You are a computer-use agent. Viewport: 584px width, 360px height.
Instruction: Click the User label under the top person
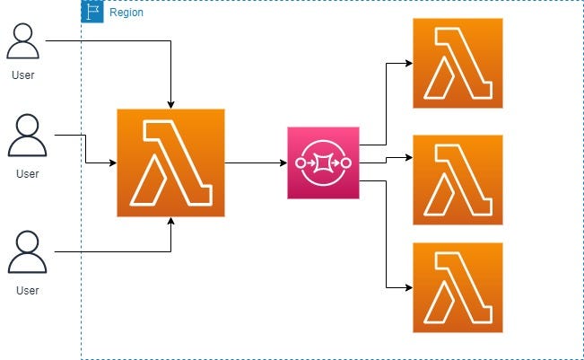23,75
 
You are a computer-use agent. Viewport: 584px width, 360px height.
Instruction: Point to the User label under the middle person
27,173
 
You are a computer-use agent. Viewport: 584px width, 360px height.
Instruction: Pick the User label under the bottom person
27,291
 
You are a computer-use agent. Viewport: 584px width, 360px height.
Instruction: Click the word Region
126,13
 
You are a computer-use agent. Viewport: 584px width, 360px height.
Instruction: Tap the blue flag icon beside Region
92,12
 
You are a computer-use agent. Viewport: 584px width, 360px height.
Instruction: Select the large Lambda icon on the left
170,162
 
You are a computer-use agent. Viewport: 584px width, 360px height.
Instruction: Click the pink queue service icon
323,162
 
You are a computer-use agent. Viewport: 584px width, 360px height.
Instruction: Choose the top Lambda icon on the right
458,63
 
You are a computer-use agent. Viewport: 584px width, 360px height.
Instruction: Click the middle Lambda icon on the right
458,180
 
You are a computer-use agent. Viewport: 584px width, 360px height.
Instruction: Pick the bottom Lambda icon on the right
458,287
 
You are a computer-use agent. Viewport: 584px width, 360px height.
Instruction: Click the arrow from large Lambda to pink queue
256,163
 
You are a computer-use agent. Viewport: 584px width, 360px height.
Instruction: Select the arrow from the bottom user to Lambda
108,252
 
